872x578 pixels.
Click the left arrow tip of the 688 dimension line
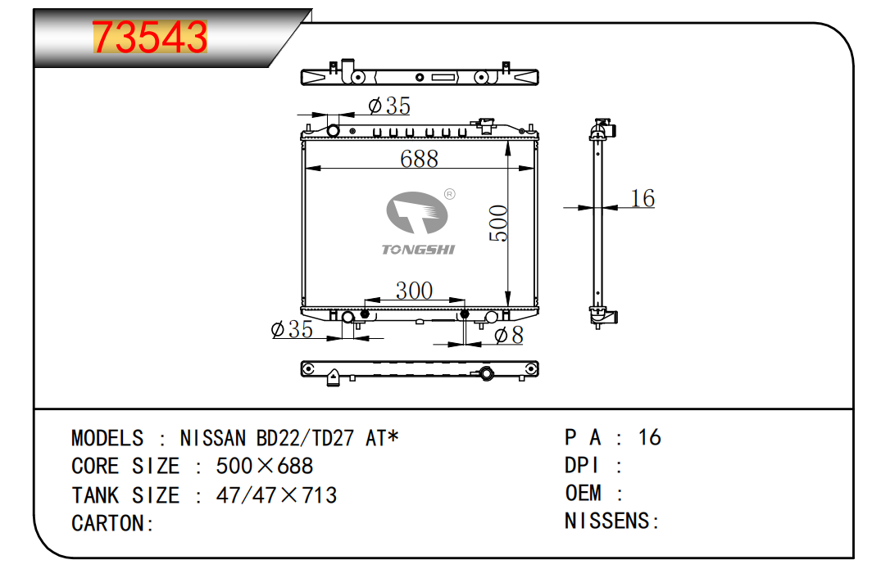tap(306, 168)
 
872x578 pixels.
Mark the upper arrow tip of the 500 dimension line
tap(508, 141)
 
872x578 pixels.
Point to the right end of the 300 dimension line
tap(465, 300)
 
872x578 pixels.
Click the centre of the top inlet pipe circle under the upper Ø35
tap(333, 131)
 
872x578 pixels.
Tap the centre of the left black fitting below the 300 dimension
tap(365, 314)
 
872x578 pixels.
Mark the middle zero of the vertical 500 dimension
tap(498, 224)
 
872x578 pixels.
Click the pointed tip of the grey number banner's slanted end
tap(312, 9)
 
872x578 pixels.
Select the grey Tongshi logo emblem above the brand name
tap(417, 213)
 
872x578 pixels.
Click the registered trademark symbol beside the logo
tap(450, 194)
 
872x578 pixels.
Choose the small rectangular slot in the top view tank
tap(444, 77)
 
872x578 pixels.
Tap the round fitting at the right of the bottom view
tap(487, 373)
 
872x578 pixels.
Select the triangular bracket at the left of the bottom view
tap(333, 377)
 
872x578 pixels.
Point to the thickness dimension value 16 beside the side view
tap(643, 198)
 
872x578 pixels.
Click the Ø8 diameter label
tap(509, 335)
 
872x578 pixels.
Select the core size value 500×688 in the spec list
tap(265, 466)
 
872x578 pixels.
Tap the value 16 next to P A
tap(650, 437)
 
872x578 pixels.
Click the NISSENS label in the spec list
tap(611, 521)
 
